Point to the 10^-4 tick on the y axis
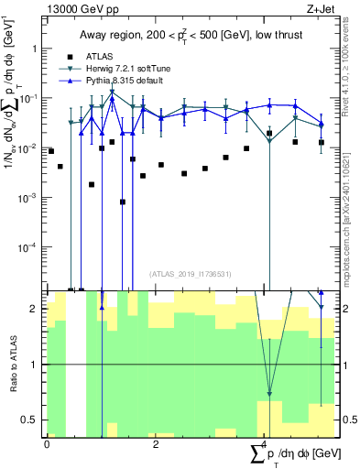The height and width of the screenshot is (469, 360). [27, 247]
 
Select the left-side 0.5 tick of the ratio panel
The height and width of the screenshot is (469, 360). [28, 420]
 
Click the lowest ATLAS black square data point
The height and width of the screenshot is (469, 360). [123, 202]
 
